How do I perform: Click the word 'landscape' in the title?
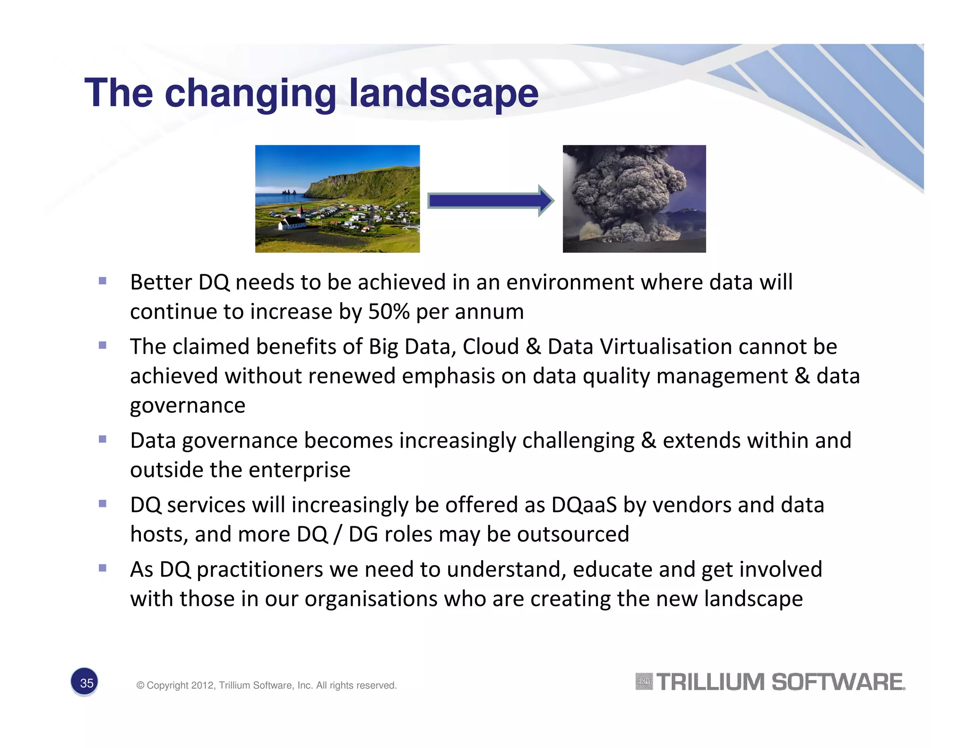click(443, 93)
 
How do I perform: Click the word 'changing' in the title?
click(250, 93)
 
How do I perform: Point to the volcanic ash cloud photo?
click(634, 199)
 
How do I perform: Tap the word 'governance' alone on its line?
click(188, 406)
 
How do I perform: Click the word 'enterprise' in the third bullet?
click(299, 470)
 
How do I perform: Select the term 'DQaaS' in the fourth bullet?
click(584, 505)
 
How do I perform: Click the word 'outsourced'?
click(573, 534)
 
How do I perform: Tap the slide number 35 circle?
click(85, 682)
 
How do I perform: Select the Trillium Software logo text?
click(780, 682)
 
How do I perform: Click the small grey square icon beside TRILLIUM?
click(644, 682)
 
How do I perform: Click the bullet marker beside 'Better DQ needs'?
click(103, 281)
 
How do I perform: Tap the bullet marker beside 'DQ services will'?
click(103, 504)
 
